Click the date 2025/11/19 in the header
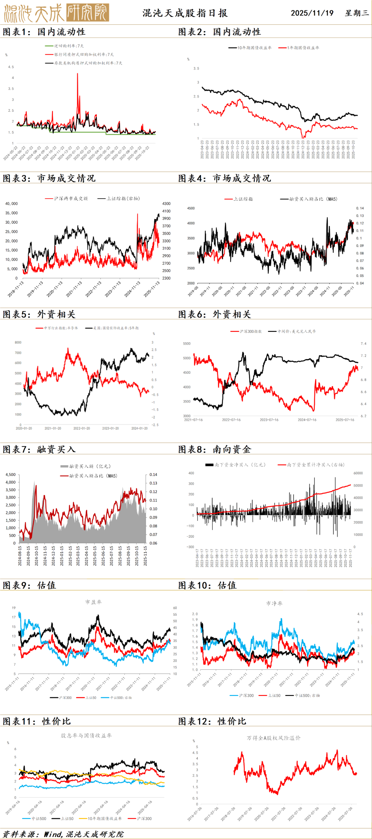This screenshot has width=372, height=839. click(x=312, y=13)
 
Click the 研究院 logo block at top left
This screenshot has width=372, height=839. click(x=87, y=13)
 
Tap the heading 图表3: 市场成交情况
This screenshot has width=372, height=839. click(x=49, y=178)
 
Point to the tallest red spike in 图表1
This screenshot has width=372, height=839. click(x=77, y=74)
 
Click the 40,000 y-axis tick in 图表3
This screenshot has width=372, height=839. click(x=11, y=204)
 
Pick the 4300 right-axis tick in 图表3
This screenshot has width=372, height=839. click(x=166, y=204)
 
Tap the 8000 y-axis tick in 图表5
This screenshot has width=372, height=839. click(x=18, y=342)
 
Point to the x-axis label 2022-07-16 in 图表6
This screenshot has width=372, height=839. click(x=231, y=420)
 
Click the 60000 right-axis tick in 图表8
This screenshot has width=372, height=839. click(x=358, y=473)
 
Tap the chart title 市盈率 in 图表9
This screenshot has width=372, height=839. click(x=93, y=602)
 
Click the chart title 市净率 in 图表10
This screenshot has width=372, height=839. click(x=274, y=603)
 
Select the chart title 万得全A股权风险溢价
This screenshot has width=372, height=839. click(x=273, y=738)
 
